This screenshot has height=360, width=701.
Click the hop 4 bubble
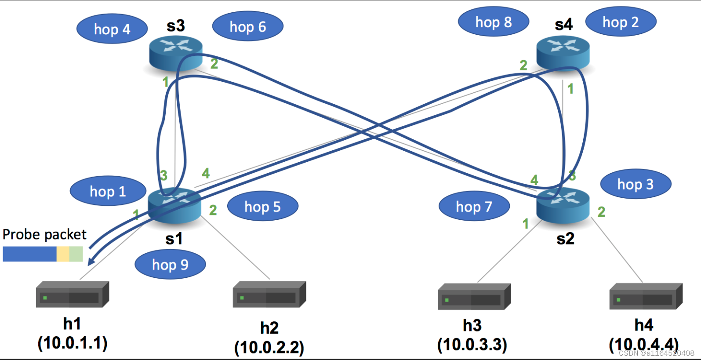pyautogui.click(x=112, y=29)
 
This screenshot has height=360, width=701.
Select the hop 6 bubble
pyautogui.click(x=247, y=26)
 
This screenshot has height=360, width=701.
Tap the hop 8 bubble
pyautogui.click(x=493, y=22)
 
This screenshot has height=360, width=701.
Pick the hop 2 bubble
pyautogui.click(x=620, y=22)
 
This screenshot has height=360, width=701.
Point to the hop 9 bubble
pyautogui.click(x=170, y=265)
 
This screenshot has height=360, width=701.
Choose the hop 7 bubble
pyautogui.click(x=474, y=206)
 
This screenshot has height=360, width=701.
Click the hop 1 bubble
pyautogui.click(x=108, y=191)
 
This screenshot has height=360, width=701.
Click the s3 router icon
pyautogui.click(x=175, y=53)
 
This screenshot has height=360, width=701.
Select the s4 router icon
pyautogui.click(x=563, y=52)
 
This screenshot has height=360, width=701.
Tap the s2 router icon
pyautogui.click(x=563, y=205)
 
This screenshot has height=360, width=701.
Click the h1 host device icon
pyautogui.click(x=72, y=294)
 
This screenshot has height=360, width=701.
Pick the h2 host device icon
pyautogui.click(x=269, y=294)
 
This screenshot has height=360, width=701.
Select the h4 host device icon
pyautogui.click(x=646, y=296)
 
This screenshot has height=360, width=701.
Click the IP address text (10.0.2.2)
pyautogui.click(x=269, y=347)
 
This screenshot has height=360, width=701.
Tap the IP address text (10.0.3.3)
pyautogui.click(x=472, y=345)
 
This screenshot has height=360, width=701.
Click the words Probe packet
pyautogui.click(x=44, y=234)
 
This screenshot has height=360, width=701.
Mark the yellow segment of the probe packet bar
pyautogui.click(x=63, y=254)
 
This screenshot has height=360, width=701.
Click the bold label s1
pyautogui.click(x=174, y=239)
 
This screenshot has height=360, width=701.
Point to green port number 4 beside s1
pyautogui.click(x=206, y=173)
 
